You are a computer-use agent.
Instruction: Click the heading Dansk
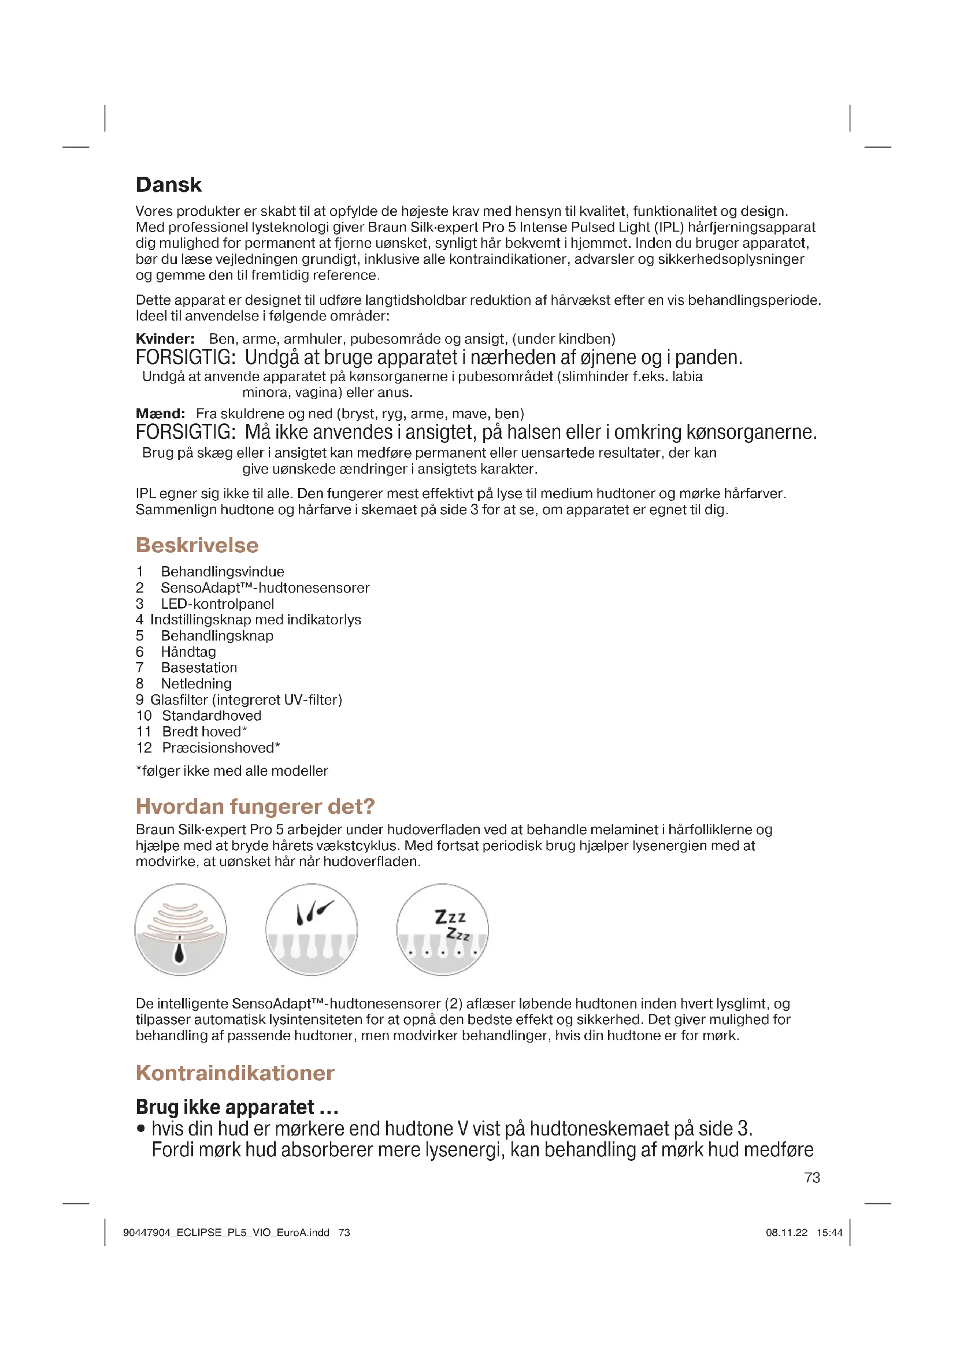[168, 185]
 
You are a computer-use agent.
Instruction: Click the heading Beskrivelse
[197, 545]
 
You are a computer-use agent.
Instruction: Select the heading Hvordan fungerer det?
[255, 806]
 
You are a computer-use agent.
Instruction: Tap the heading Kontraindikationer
[235, 1073]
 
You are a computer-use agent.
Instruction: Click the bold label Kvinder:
[165, 339]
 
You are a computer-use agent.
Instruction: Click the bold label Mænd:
[160, 414]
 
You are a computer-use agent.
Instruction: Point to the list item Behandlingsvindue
[222, 571]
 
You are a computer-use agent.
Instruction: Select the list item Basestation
[199, 667]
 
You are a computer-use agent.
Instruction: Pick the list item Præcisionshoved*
[221, 747]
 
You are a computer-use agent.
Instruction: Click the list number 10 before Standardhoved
[144, 716]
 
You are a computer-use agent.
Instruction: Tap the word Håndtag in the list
[188, 652]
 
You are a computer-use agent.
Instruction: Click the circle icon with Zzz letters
[442, 930]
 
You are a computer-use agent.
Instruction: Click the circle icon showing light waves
[181, 930]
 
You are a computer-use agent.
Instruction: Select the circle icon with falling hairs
[312, 930]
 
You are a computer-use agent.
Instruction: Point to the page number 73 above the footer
[812, 1177]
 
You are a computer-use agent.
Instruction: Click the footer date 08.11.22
[787, 1233]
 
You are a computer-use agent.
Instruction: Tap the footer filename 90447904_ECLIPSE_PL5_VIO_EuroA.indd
[226, 1233]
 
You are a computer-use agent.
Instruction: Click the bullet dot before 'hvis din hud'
[140, 1129]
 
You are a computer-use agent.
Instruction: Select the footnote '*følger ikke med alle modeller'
[232, 771]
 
